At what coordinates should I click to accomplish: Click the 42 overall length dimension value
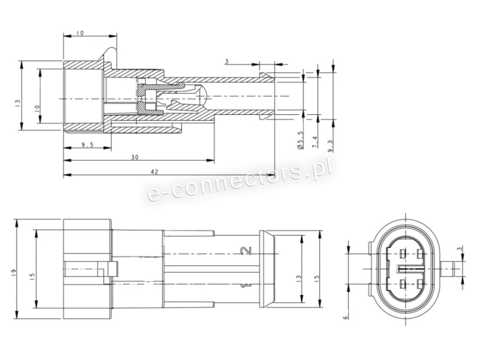point(155,172)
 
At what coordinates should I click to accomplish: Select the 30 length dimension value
point(135,157)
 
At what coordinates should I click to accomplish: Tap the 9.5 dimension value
point(87,146)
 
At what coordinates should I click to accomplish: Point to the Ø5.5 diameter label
point(300,140)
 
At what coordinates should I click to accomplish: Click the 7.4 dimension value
point(315,142)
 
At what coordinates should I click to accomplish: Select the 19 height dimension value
point(13,273)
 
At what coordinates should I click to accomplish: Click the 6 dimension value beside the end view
point(346,318)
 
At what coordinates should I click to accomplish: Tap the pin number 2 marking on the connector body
point(247,251)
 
